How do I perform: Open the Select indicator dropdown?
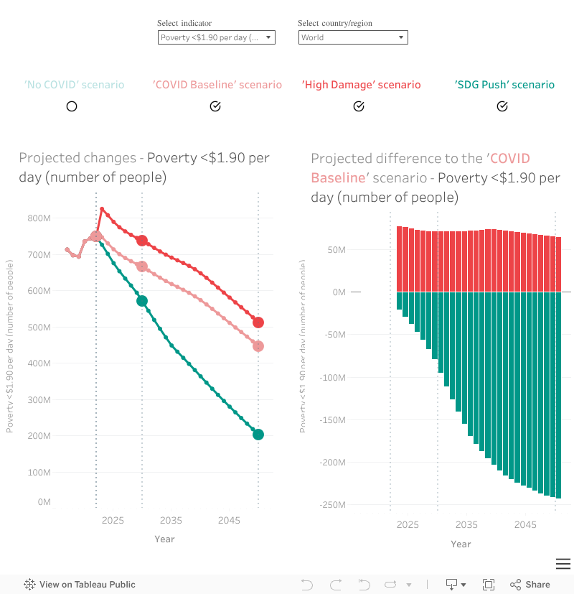tap(216, 37)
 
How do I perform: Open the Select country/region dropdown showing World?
tap(353, 37)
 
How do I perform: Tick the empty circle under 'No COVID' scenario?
tap(72, 106)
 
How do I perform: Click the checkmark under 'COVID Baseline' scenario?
tap(215, 106)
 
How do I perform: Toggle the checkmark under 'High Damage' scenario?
tap(359, 106)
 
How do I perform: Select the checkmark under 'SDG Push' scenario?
tap(502, 106)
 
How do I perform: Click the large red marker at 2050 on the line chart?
tap(258, 322)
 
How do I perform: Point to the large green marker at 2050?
tap(258, 435)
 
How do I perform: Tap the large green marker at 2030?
tap(142, 301)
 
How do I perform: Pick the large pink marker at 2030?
tap(142, 266)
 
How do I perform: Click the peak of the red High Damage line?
tap(102, 209)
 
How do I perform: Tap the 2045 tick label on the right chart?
tap(525, 525)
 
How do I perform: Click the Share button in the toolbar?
tap(530, 585)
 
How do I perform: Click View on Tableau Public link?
tap(80, 585)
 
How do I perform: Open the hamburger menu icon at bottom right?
tap(563, 564)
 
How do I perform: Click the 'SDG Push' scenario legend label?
tap(504, 85)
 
